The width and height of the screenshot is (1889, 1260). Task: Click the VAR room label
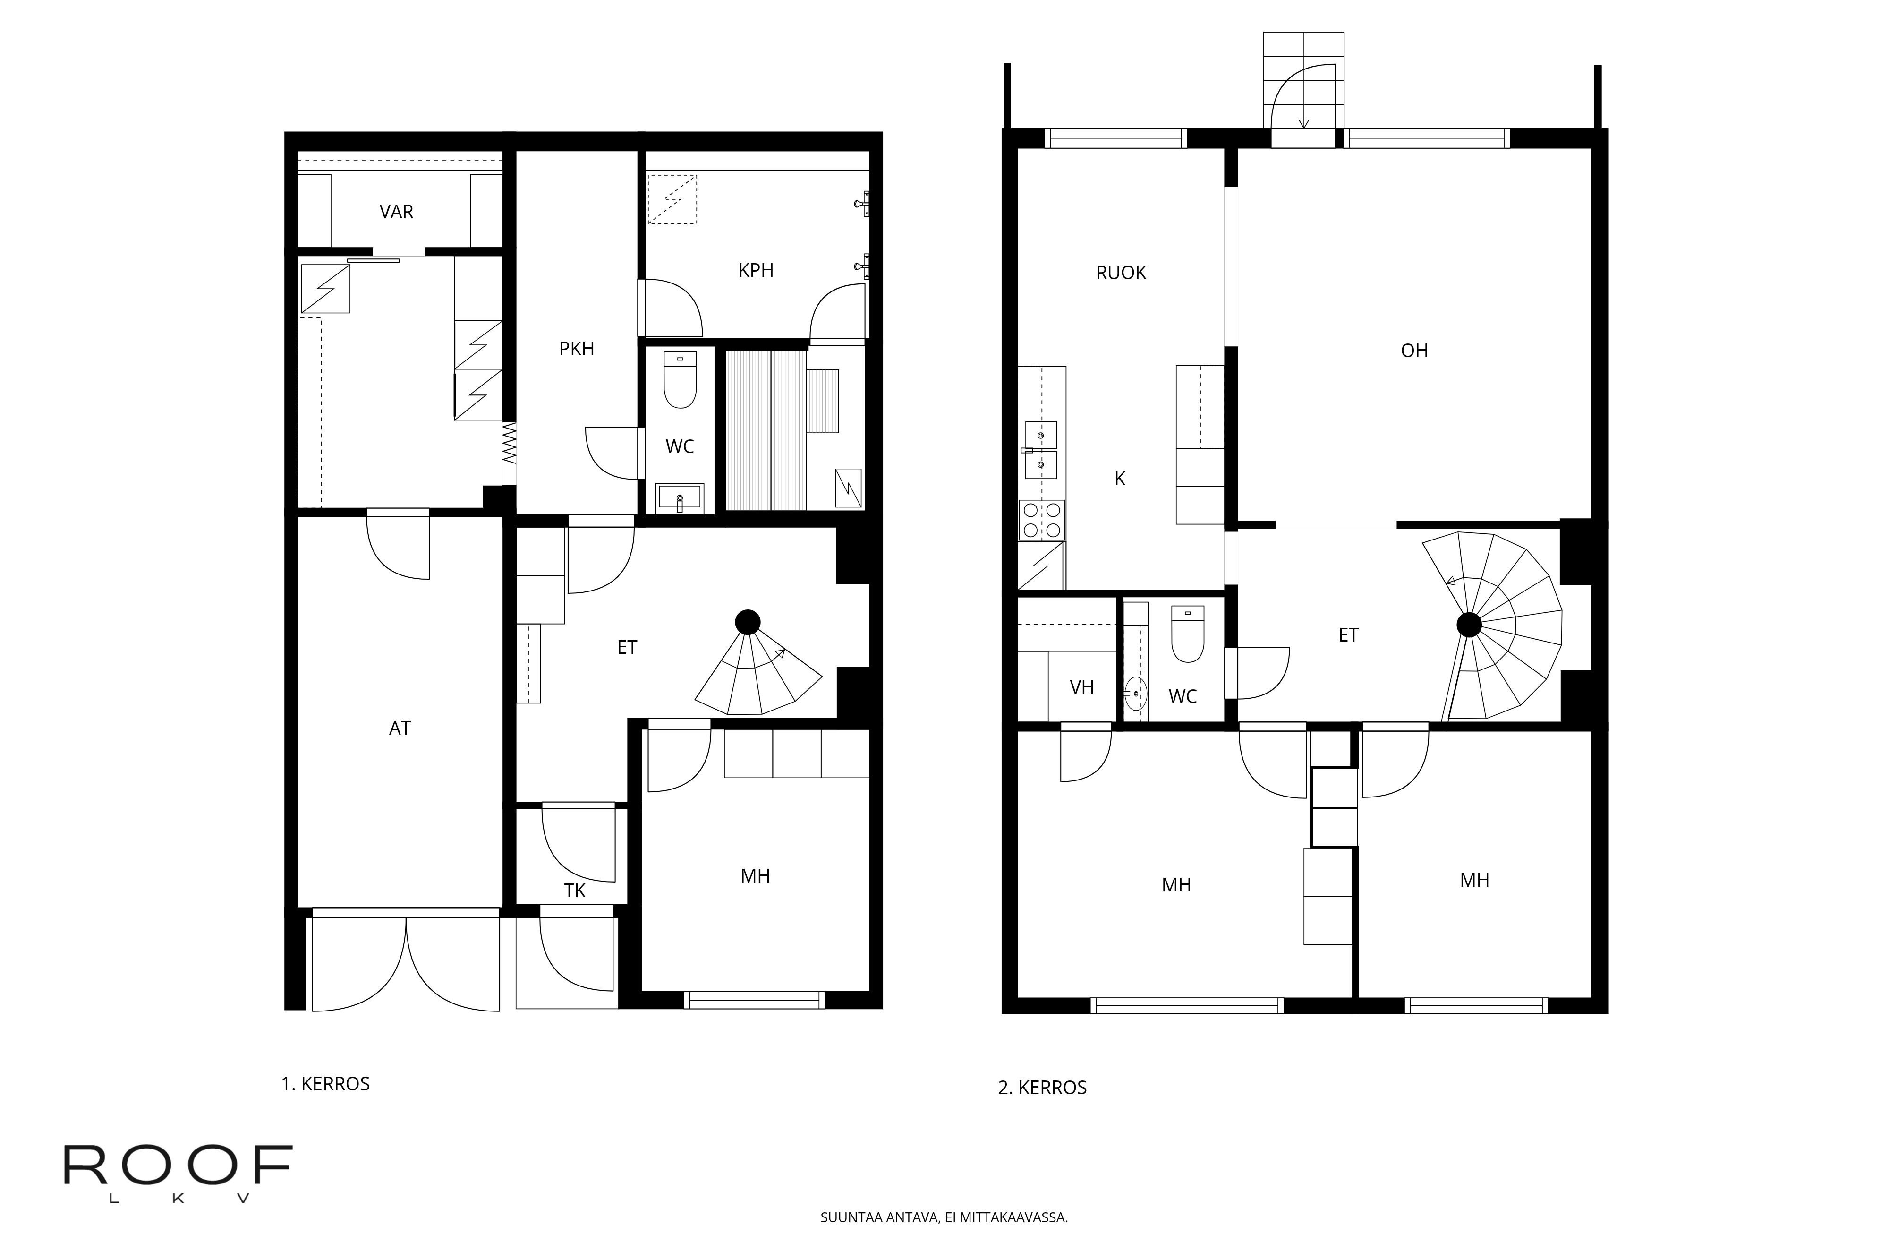point(396,212)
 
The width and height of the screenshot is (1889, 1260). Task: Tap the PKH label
point(577,349)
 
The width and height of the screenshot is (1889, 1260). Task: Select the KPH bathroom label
point(756,271)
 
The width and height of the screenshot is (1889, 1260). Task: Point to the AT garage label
point(400,728)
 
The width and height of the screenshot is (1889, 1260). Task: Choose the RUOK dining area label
point(1121,273)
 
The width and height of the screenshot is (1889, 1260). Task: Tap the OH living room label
point(1414,351)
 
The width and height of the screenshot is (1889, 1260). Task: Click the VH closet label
point(1082,688)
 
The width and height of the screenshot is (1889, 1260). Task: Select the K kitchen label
point(1120,479)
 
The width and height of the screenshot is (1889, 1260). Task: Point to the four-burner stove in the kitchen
point(1042,520)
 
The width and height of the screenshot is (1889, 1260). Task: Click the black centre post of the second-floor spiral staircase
point(1469,625)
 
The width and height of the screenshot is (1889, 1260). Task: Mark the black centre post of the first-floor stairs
point(748,622)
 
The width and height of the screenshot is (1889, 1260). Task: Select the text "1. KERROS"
point(325,1084)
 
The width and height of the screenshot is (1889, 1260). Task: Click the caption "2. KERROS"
point(1042,1088)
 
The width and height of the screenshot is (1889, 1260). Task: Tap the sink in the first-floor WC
point(680,498)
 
